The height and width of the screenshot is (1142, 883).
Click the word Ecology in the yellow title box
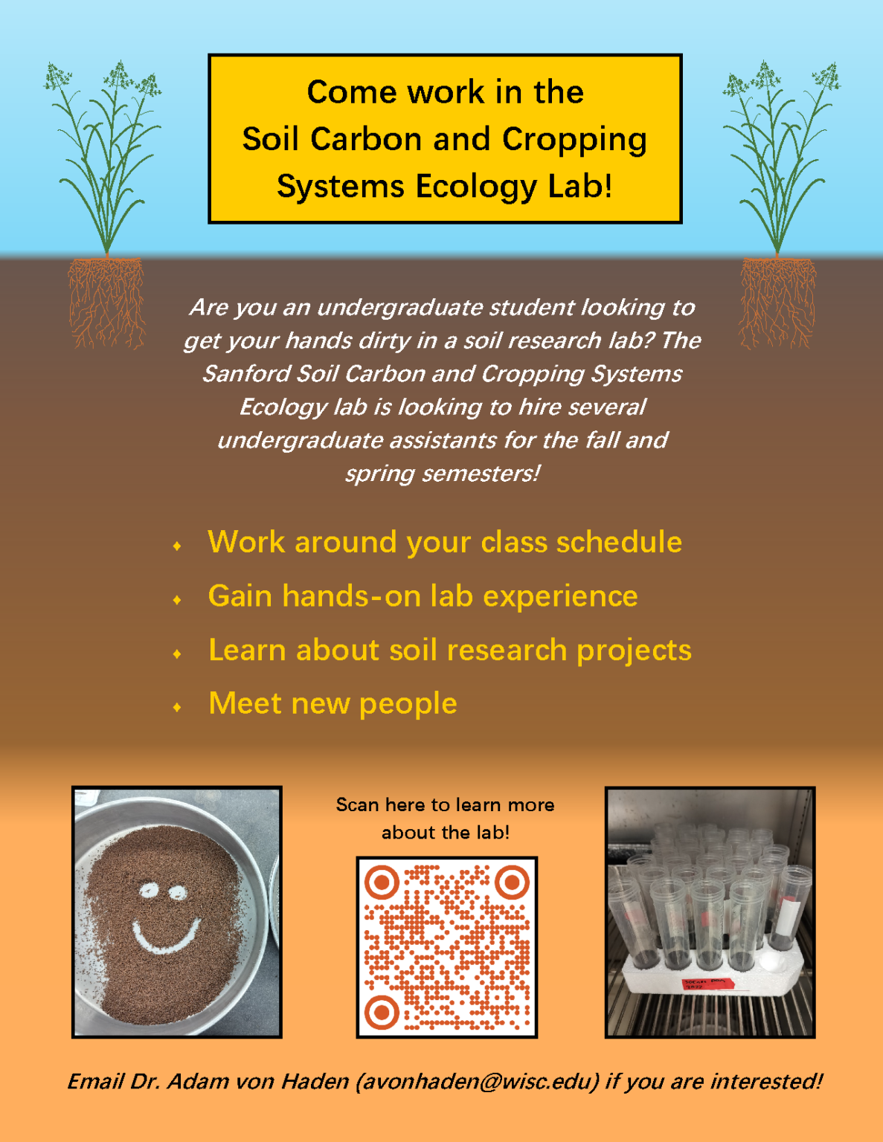pyautogui.click(x=475, y=187)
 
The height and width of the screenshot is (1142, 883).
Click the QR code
pyautogui.click(x=446, y=946)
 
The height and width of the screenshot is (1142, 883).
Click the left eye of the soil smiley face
pyautogui.click(x=150, y=889)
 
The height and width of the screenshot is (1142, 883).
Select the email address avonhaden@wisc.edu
pyautogui.click(x=477, y=1081)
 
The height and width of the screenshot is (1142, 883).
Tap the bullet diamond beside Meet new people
pyautogui.click(x=177, y=707)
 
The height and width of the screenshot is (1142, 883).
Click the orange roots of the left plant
pyautogui.click(x=106, y=301)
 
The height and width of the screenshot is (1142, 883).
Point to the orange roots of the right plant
pyautogui.click(x=777, y=301)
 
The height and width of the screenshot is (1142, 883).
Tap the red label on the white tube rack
pyautogui.click(x=707, y=984)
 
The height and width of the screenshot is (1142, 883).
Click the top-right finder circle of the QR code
pyautogui.click(x=511, y=883)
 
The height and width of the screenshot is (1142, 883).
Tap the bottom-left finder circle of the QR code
pyautogui.click(x=382, y=1011)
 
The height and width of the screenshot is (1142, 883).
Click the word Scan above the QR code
pyautogui.click(x=357, y=804)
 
